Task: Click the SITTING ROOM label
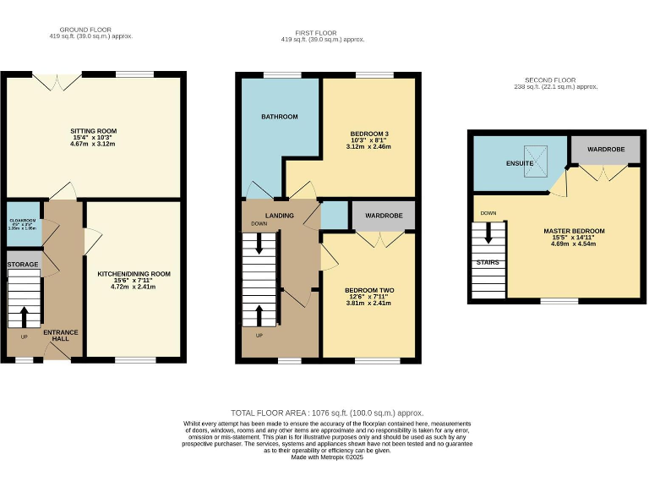point(93,131)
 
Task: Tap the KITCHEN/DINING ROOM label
point(134,274)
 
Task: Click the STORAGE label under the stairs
point(23,265)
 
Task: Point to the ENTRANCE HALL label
point(61,335)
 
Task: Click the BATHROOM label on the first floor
point(279,117)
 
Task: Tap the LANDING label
point(279,216)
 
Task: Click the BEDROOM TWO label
point(369,290)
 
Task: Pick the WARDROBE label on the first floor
point(383,216)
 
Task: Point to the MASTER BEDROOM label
point(575,231)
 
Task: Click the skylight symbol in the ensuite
point(535,161)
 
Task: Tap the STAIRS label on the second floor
point(487,262)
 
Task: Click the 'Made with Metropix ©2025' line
point(325,457)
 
